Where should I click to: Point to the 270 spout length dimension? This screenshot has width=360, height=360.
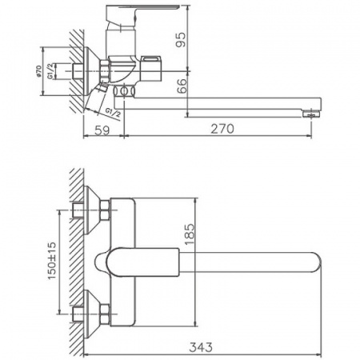248,132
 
